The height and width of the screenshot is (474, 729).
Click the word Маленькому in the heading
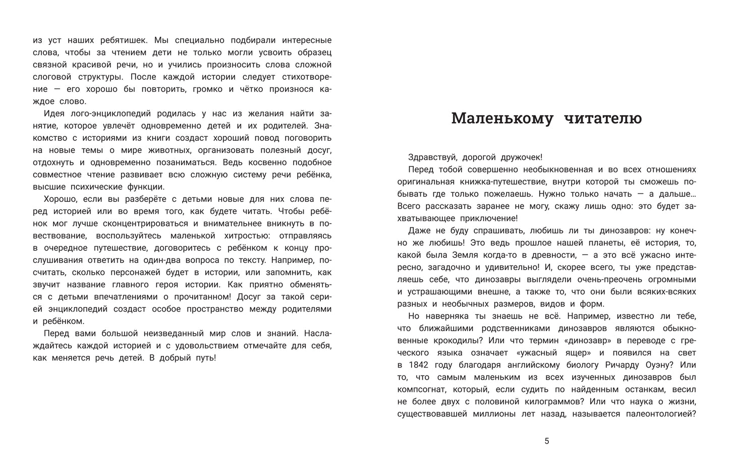(501, 118)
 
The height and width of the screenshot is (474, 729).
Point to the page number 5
(546, 441)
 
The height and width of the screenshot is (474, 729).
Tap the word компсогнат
(422, 390)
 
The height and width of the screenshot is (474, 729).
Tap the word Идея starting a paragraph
(54, 114)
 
